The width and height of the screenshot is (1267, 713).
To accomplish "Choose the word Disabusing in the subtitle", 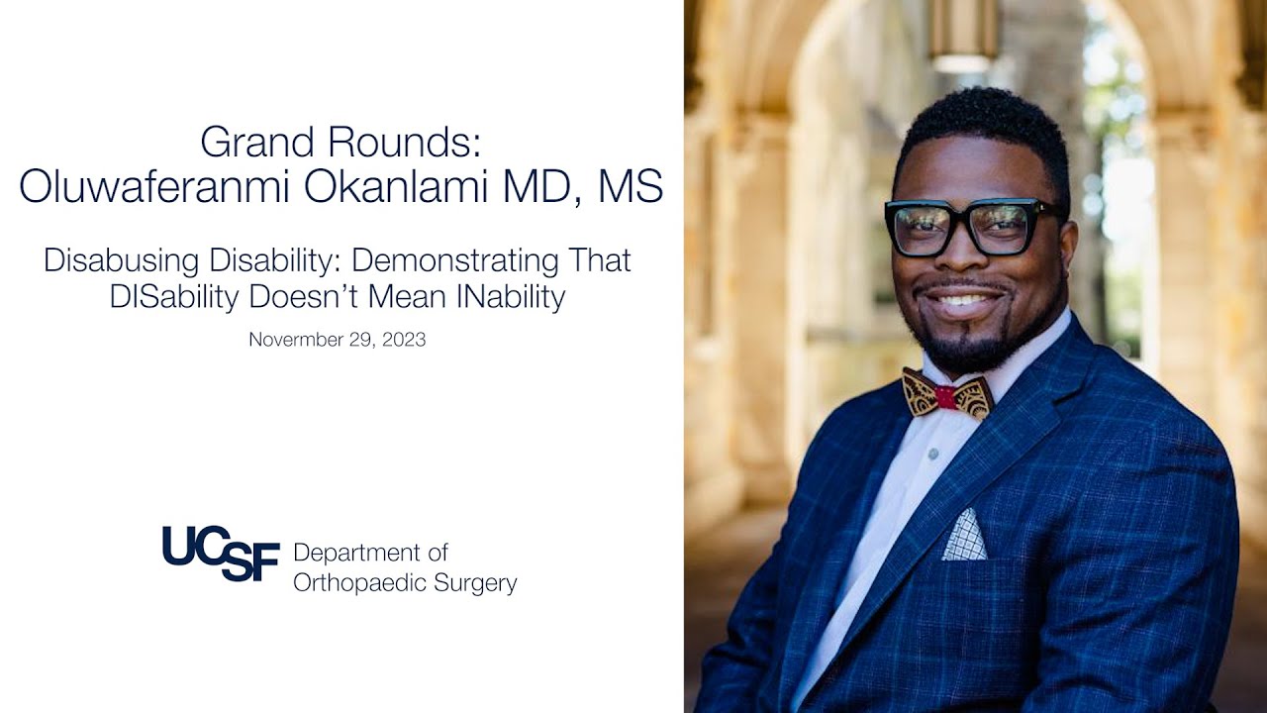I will point(119,261).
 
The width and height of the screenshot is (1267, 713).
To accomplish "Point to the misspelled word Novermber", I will point(295,340).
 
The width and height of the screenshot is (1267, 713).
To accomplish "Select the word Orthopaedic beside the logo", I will point(363,583).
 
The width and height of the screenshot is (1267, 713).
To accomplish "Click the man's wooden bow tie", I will point(946,395).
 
